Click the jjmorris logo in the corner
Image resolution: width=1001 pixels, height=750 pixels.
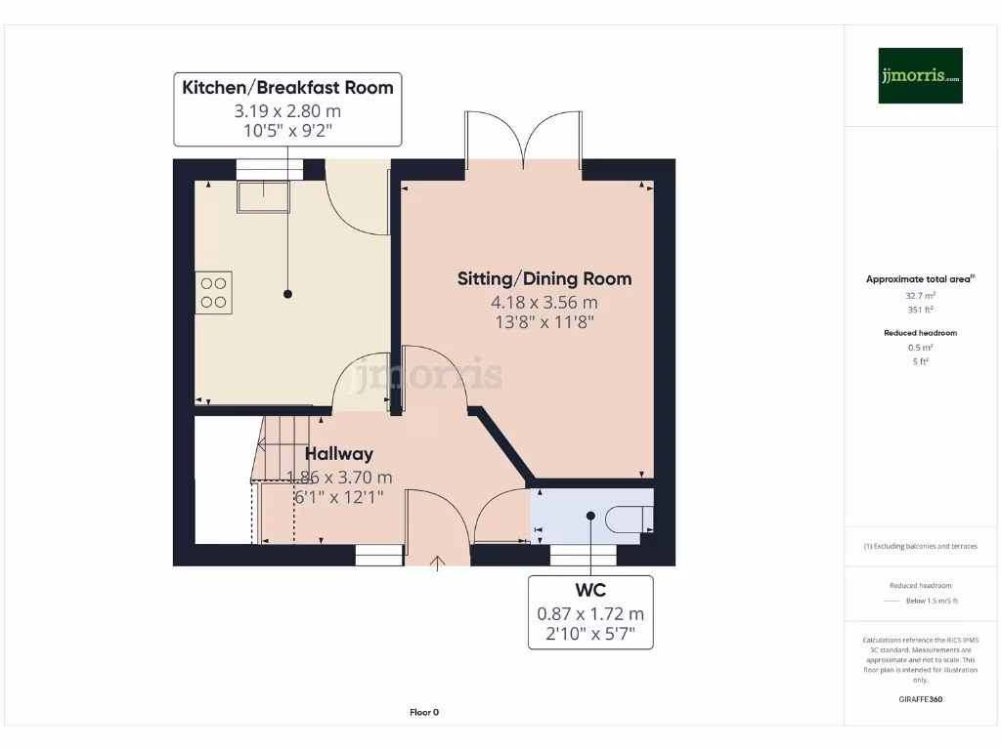point(920,75)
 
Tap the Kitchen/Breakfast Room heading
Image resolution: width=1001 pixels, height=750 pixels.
point(288,87)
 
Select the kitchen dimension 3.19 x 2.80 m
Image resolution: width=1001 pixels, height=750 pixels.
point(287,111)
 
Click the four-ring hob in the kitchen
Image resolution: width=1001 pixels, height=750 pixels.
point(213,293)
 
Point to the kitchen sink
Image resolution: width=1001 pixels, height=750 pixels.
point(264,196)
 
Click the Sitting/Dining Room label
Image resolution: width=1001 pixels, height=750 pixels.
point(544,278)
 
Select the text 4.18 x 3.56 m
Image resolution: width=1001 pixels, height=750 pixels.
point(544,303)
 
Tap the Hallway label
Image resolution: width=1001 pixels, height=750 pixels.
point(339,454)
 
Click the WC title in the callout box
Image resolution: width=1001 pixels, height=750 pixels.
point(590,590)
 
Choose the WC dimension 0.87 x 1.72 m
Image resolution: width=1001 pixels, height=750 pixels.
point(590,613)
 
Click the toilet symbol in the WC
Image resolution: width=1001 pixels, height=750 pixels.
point(630,520)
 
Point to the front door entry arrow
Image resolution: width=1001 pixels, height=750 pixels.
point(437,563)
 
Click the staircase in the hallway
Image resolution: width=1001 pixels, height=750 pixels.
point(281,447)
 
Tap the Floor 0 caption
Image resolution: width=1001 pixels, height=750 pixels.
point(424,712)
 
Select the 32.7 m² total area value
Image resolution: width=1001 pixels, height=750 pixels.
point(920,296)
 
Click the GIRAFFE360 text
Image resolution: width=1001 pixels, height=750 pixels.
point(921,699)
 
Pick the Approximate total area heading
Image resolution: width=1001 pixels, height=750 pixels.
point(920,278)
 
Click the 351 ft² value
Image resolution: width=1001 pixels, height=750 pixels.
point(920,310)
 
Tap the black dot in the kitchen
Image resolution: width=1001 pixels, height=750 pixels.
point(288,294)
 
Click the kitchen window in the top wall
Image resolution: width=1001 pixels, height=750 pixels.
point(270,170)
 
